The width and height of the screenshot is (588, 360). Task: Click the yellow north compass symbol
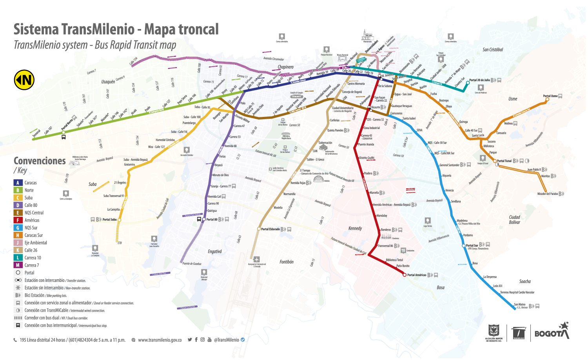pyautogui.click(x=24, y=80)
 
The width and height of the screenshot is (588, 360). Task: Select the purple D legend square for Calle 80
pyautogui.click(x=18, y=205)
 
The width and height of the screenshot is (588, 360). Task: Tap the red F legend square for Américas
pyautogui.click(x=18, y=220)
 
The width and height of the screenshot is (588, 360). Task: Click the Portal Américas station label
pyautogui.click(x=416, y=275)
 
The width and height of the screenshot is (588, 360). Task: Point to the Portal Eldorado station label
pyautogui.click(x=270, y=229)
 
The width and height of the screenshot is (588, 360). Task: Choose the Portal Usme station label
pyautogui.click(x=550, y=96)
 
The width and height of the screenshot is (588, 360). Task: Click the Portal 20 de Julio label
pyautogui.click(x=479, y=80)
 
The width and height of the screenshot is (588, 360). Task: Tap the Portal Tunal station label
pyautogui.click(x=504, y=161)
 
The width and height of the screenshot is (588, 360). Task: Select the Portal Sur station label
pyautogui.click(x=472, y=245)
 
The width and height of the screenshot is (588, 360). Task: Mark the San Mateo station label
pyautogui.click(x=519, y=304)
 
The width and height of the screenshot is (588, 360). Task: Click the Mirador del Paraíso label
pyautogui.click(x=547, y=194)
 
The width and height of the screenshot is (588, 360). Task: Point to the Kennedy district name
pyautogui.click(x=355, y=228)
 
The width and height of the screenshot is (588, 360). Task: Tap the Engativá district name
pyautogui.click(x=215, y=251)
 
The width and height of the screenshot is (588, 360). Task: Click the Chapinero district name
pyautogui.click(x=285, y=67)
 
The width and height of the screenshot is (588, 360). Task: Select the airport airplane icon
pyautogui.click(x=256, y=259)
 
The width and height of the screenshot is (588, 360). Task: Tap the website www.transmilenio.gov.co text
pyautogui.click(x=160, y=340)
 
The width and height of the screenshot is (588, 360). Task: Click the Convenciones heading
pyautogui.click(x=40, y=161)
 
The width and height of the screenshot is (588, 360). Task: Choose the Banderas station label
pyautogui.click(x=386, y=230)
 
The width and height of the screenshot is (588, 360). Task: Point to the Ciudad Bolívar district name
pyautogui.click(x=514, y=220)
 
